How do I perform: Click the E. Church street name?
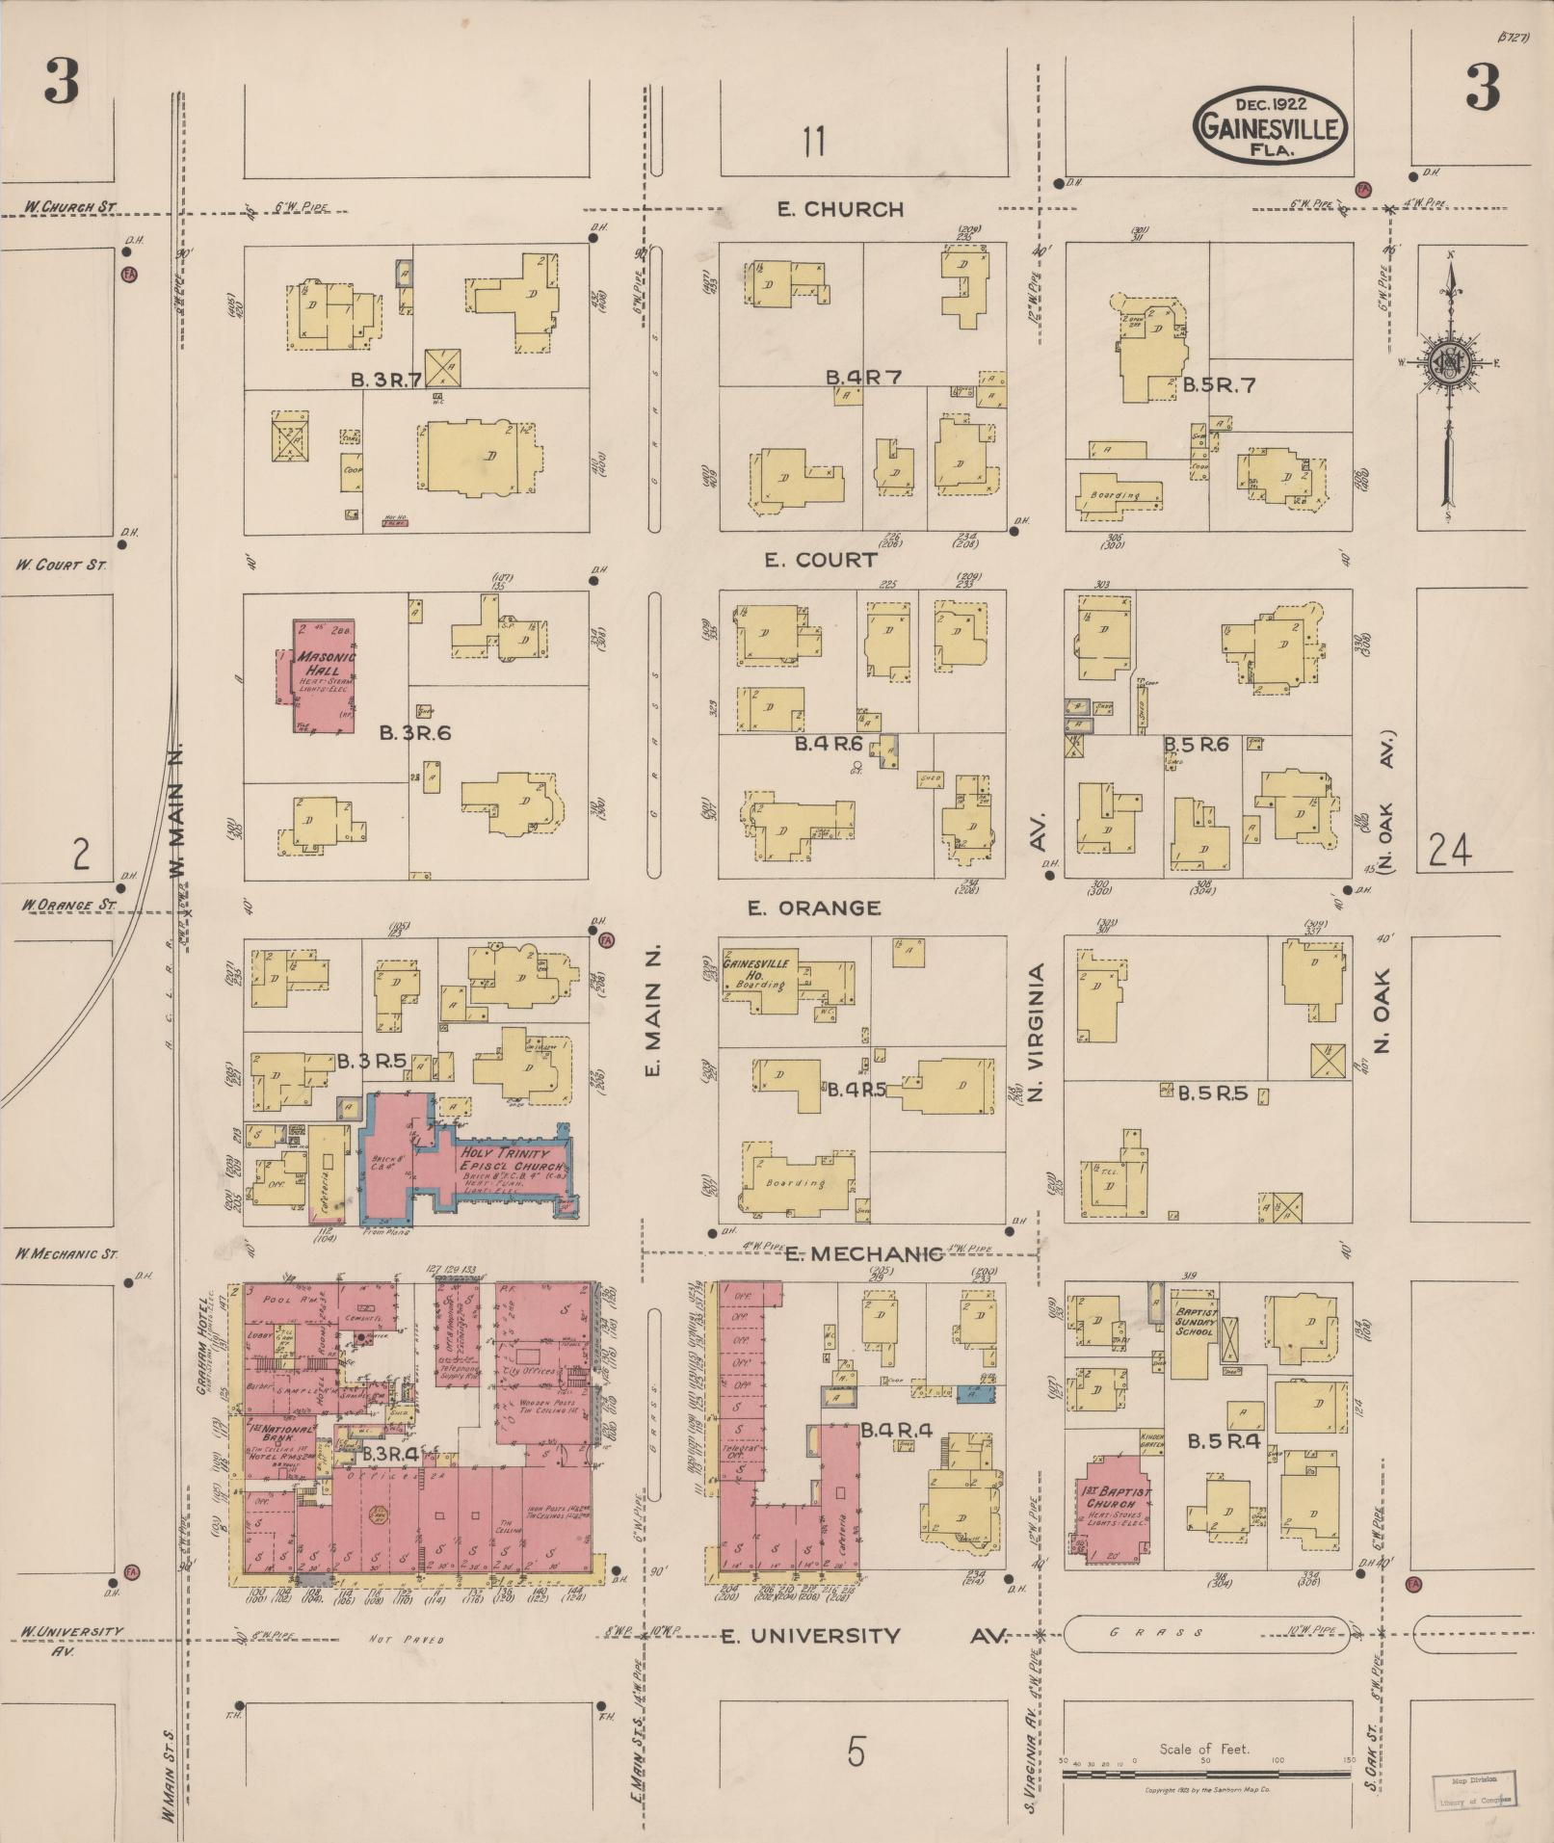[841, 209]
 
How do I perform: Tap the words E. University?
[810, 1636]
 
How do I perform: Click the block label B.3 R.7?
[385, 380]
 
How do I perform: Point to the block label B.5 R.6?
[1197, 745]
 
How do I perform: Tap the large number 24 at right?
[1451, 851]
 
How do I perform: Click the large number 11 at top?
[813, 143]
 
